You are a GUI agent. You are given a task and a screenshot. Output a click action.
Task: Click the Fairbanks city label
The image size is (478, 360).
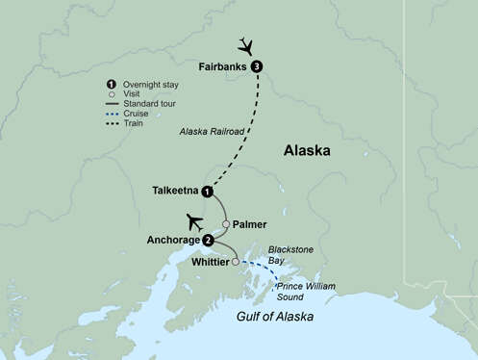tap(223, 66)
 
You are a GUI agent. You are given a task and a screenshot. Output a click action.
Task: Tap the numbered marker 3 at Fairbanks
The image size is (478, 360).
tap(257, 66)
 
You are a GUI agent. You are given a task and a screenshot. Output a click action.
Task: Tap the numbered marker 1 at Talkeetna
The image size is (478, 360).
tap(206, 191)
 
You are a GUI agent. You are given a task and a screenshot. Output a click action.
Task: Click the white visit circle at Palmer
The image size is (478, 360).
tap(226, 224)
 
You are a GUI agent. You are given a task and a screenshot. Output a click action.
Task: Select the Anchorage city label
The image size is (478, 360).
tap(172, 240)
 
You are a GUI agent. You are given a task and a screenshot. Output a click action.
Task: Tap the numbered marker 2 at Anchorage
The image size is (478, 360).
tap(208, 240)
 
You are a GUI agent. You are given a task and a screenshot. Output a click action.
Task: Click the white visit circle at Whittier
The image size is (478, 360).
tap(236, 260)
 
